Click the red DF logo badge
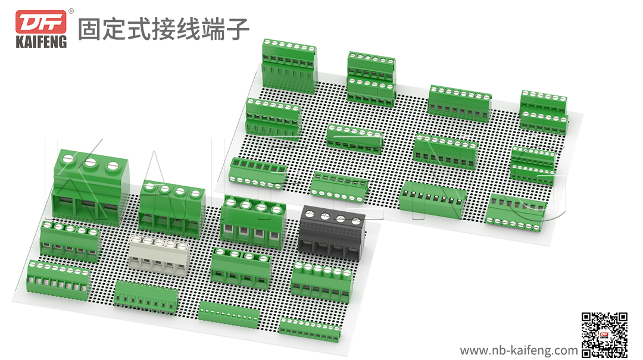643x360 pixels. pos(41,22)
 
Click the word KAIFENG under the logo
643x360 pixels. pos(41,42)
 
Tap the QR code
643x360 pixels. pos(604,334)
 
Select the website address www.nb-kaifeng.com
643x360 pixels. pos(519,350)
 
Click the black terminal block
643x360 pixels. pos(332,233)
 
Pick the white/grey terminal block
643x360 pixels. pos(160,253)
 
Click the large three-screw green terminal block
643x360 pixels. pos(90,187)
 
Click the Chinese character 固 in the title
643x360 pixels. pos(89,29)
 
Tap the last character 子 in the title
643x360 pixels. pos(238,29)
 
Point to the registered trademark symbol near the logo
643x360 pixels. pos(71,11)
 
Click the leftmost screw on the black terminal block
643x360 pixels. pos(311,213)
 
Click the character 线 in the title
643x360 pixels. pos(188,29)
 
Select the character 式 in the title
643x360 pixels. pos(139,29)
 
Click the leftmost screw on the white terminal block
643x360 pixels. pos(136,239)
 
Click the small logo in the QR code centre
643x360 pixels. pos(604,336)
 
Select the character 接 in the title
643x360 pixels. pos(163,29)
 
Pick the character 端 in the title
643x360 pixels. pos(213,29)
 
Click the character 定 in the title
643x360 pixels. pos(114,29)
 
